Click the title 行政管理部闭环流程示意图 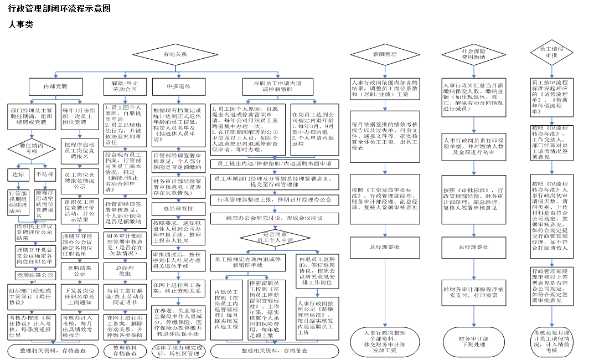click(60, 9)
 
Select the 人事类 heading click(21, 24)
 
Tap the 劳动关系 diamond click(174, 54)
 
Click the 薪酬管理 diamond click(385, 54)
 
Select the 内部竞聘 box click(55, 86)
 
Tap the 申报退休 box click(179, 86)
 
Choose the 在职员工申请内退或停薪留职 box click(277, 86)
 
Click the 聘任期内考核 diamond click(32, 148)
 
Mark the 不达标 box click(44, 174)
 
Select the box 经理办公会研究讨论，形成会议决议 click(275, 218)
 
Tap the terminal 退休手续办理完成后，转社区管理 click(178, 350)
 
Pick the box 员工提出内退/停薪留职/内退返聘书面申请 click(275, 164)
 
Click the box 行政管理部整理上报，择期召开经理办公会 click(275, 199)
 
